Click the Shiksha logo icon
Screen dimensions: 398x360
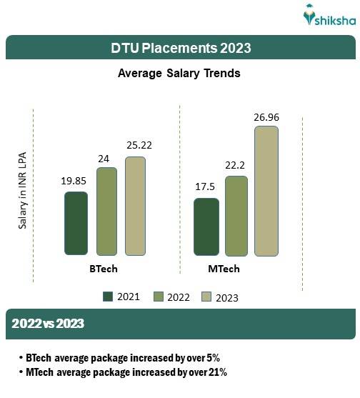[x=309, y=15]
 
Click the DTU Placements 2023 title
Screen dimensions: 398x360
[x=180, y=48]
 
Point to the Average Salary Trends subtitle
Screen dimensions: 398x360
[x=179, y=73]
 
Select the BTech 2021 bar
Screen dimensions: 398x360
[x=76, y=223]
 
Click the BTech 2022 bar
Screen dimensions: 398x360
[x=106, y=211]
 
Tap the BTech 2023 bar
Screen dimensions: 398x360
[x=135, y=206]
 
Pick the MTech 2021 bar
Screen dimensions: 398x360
[x=206, y=227]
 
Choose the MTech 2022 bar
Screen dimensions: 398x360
[x=236, y=215]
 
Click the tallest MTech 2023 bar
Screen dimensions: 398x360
[x=266, y=191]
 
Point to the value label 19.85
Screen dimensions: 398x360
[x=76, y=181]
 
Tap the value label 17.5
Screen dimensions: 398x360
[x=206, y=187]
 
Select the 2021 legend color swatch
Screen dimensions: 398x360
[x=109, y=297]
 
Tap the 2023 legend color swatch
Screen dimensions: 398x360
[x=208, y=297]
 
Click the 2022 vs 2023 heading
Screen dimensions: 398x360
[x=48, y=324]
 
